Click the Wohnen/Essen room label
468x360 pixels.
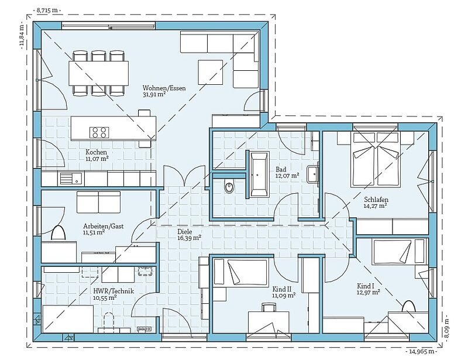164,88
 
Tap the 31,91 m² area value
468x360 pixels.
154,94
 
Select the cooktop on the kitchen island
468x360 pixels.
99,132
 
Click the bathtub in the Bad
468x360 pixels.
259,175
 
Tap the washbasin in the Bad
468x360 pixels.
313,174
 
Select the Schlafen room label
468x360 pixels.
376,199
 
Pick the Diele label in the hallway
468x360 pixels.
185,232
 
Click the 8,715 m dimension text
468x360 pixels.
47,10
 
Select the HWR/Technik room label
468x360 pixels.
113,291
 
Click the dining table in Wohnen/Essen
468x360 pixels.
99,73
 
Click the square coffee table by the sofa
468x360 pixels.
210,72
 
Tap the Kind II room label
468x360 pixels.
282,289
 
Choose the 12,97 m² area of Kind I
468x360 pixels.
369,292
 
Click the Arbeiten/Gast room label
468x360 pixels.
104,226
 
